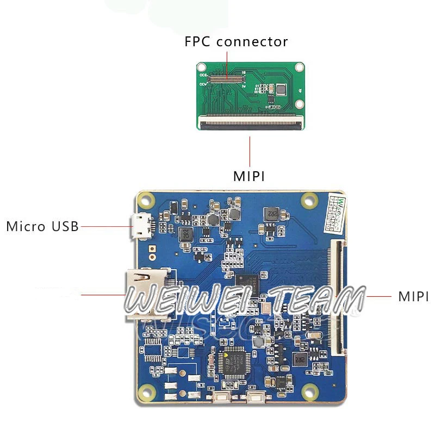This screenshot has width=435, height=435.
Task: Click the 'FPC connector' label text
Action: click(x=236, y=42)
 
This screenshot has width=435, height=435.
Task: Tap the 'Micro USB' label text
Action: click(x=42, y=226)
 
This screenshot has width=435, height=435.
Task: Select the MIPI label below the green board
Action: click(x=249, y=176)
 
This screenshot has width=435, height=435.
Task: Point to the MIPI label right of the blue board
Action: click(x=413, y=297)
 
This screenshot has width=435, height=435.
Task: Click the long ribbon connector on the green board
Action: click(x=251, y=124)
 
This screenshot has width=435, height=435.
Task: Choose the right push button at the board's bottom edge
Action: click(x=256, y=396)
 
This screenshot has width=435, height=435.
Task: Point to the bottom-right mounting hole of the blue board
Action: click(x=309, y=390)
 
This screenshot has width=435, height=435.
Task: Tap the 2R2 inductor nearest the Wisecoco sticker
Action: click(x=270, y=214)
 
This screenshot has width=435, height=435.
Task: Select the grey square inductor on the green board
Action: click(x=281, y=89)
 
